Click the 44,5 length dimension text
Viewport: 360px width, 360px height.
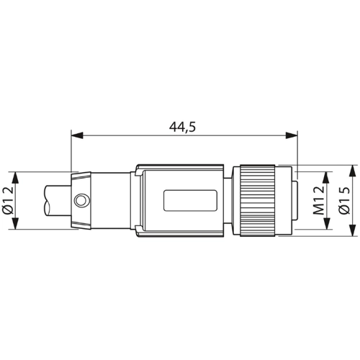pyautogui.click(x=183, y=127)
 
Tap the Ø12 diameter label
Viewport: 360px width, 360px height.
pyautogui.click(x=8, y=200)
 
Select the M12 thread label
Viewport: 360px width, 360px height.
pyautogui.click(x=318, y=200)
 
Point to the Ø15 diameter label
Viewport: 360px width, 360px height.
pyautogui.click(x=343, y=200)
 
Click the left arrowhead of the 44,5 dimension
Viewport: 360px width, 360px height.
pyautogui.click(x=76, y=135)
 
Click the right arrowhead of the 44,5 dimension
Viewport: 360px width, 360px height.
pyautogui.click(x=293, y=135)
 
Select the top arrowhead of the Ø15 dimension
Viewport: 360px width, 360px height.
pyautogui.click(x=352, y=168)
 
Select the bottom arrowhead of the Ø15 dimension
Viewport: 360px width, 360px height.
pyautogui.click(x=352, y=233)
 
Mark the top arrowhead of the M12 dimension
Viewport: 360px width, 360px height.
pyautogui.click(x=327, y=175)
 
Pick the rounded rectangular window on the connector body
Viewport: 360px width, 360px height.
pyautogui.click(x=190, y=200)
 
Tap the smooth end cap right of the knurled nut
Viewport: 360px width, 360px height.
pyautogui.click(x=288, y=200)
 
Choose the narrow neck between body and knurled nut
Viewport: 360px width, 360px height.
pyautogui.click(x=233, y=200)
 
